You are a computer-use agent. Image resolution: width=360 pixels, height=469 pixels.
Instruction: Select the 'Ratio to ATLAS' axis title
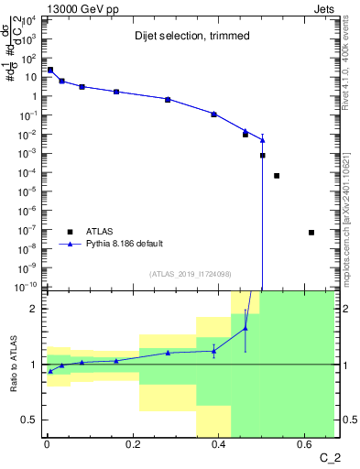pyautogui.click(x=12, y=364)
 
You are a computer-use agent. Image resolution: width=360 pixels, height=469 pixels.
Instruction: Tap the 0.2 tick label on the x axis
pyautogui.click(x=132, y=446)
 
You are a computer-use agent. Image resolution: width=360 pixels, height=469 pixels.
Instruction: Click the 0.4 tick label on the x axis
pyautogui.click(x=218, y=446)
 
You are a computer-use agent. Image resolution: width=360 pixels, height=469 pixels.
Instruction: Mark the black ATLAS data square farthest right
pyautogui.click(x=311, y=233)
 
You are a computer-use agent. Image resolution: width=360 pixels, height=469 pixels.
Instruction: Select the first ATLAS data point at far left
pyautogui.click(x=50, y=70)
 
